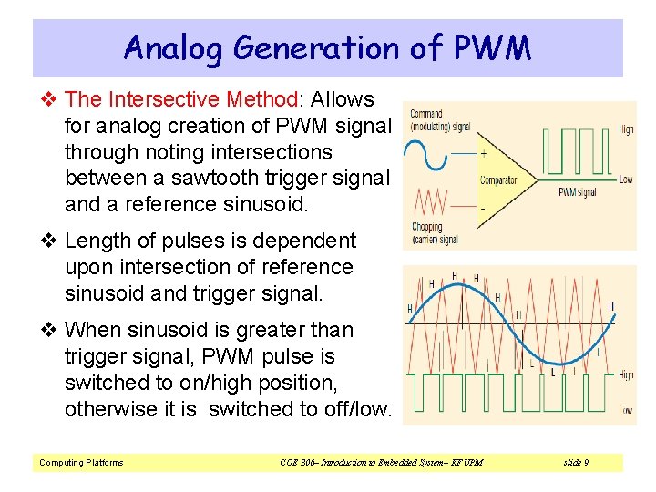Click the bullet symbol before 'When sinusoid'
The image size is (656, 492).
tap(50, 329)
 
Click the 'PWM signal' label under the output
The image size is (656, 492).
tap(578, 192)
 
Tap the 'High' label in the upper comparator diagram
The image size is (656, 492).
tap(626, 130)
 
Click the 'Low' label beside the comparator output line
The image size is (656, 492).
tap(625, 179)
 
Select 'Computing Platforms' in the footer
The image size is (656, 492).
tap(81, 463)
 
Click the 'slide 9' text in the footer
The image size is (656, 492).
tap(576, 463)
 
